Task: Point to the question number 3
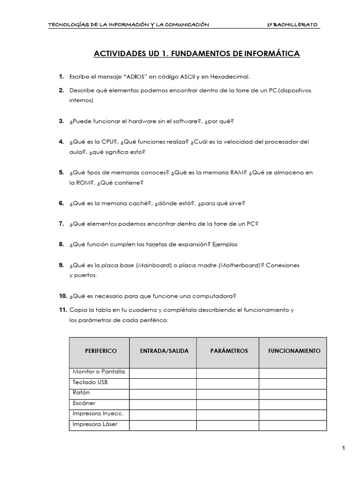click(x=61, y=121)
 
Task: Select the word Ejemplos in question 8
click(x=225, y=244)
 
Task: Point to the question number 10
click(x=63, y=296)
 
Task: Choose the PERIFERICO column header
click(x=101, y=351)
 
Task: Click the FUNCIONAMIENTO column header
click(x=294, y=351)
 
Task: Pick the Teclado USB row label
click(x=90, y=382)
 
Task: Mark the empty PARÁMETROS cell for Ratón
click(x=227, y=393)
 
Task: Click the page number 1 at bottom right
click(x=344, y=449)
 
